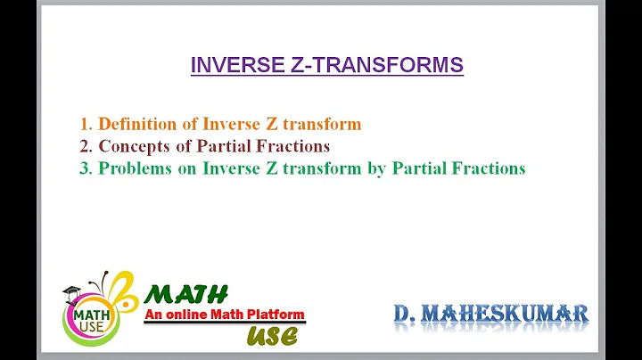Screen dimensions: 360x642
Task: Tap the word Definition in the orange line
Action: point(137,124)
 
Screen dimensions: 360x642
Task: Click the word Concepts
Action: point(134,145)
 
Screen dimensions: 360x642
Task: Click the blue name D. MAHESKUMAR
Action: point(491,313)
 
